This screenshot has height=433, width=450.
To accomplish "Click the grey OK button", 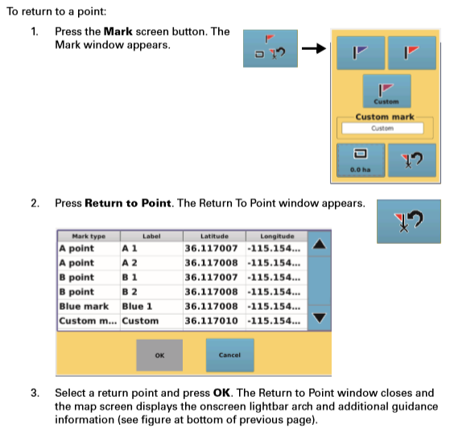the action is click(159, 355).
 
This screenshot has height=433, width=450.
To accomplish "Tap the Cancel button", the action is click(230, 355).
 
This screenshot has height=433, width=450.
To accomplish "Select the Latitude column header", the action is click(214, 236).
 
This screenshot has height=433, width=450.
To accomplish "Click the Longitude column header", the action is click(277, 236).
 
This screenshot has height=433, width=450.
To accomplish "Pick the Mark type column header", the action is click(89, 236).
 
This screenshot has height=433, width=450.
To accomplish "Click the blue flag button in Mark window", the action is click(361, 53).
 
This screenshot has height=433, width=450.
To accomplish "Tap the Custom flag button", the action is click(386, 91).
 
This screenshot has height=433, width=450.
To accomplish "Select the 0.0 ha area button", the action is click(361, 160).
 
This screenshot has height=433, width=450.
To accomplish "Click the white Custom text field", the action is click(382, 128).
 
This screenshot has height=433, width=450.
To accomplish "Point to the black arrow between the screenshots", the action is click(314, 48).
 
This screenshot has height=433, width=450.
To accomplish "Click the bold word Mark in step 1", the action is click(118, 31).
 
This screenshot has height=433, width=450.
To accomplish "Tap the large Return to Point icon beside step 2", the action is click(409, 221).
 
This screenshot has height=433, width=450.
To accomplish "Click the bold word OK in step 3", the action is click(221, 393).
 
